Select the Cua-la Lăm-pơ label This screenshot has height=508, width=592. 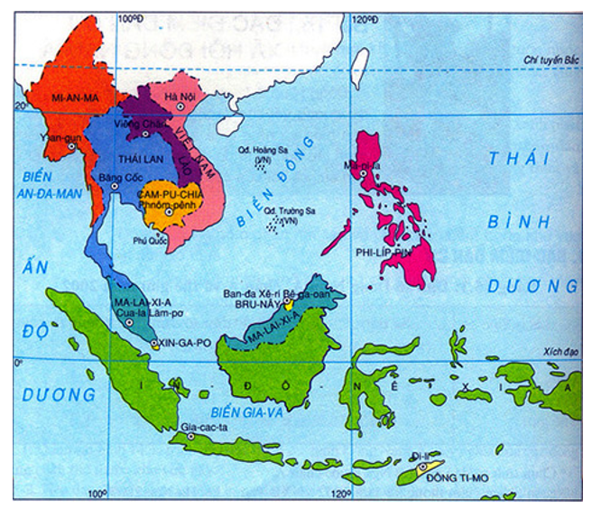149,309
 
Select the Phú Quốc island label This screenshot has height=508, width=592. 151,241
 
